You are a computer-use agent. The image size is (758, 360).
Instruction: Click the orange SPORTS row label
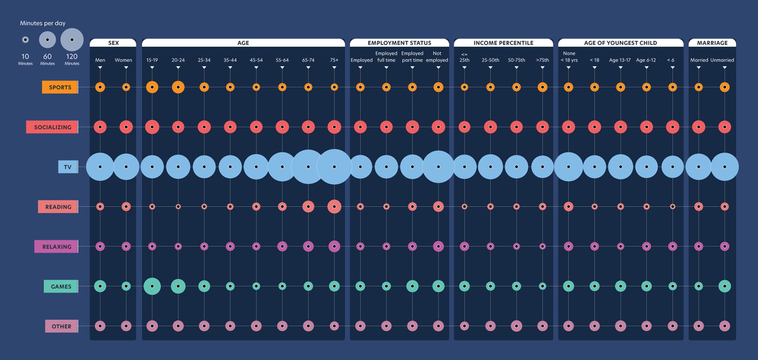pyautogui.click(x=60, y=87)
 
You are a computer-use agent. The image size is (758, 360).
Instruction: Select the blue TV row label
pyautogui.click(x=68, y=167)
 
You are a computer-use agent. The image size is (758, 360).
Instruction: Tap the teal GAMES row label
pyautogui.click(x=61, y=286)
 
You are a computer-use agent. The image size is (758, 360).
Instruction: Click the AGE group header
pyautogui.click(x=243, y=43)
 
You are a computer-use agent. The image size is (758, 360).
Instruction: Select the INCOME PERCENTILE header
pyautogui.click(x=503, y=43)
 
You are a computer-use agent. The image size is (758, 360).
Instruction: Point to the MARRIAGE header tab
pyautogui.click(x=712, y=43)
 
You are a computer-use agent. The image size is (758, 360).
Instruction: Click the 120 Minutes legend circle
pyautogui.click(x=72, y=40)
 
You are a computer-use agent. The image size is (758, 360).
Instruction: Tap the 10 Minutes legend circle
pyautogui.click(x=25, y=40)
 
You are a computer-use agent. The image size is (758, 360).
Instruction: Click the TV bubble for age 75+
pyautogui.click(x=334, y=167)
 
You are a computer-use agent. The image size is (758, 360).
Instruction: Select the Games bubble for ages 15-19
pyautogui.click(x=152, y=286)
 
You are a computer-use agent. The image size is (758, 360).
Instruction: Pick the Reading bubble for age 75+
pyautogui.click(x=334, y=207)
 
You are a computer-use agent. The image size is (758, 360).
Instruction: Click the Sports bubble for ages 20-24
pyautogui.click(x=178, y=87)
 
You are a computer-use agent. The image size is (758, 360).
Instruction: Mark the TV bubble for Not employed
pyautogui.click(x=438, y=167)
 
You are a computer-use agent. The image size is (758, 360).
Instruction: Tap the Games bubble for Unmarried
pyautogui.click(x=724, y=286)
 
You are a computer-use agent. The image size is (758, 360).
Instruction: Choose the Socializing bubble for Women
pyautogui.click(x=126, y=127)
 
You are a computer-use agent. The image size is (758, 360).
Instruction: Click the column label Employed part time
pyautogui.click(x=412, y=57)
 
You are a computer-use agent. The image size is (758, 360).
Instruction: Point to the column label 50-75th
pyautogui.click(x=516, y=60)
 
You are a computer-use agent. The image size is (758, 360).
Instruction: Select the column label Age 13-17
pyautogui.click(x=620, y=60)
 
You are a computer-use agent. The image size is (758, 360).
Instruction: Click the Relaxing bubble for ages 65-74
pyautogui.click(x=308, y=246)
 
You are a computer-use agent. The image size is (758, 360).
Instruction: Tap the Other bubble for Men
pyautogui.click(x=100, y=326)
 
